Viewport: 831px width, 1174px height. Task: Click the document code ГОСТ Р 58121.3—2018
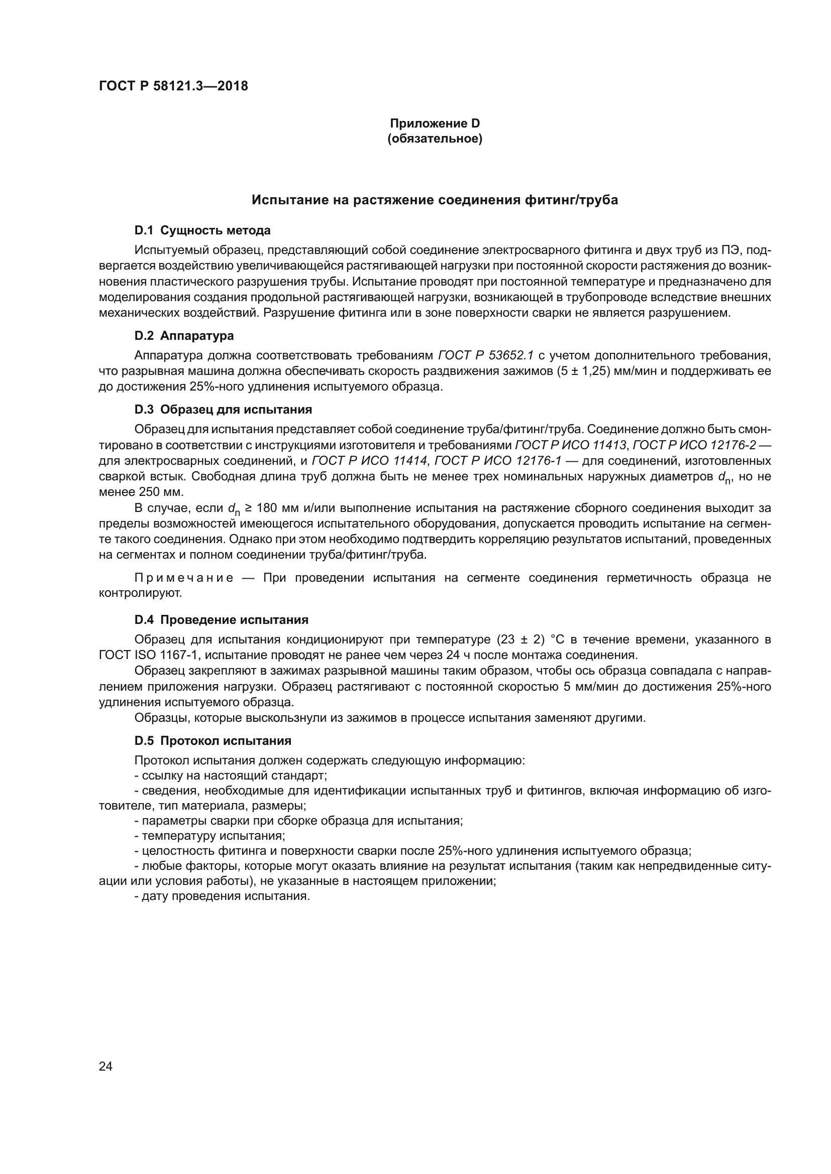tap(173, 86)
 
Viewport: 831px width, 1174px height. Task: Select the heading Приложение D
tap(435, 123)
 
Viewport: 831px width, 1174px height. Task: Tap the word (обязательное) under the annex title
tap(435, 139)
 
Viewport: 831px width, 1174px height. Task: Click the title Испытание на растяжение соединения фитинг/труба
tap(435, 200)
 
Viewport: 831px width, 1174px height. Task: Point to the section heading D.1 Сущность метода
tap(202, 230)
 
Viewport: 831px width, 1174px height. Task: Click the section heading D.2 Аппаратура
tap(184, 336)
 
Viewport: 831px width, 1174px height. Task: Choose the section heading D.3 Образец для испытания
tap(223, 410)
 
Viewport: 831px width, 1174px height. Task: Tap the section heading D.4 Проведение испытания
tap(221, 620)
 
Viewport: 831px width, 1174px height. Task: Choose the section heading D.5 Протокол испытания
tap(213, 741)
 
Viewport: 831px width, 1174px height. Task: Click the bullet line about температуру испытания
tap(210, 836)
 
